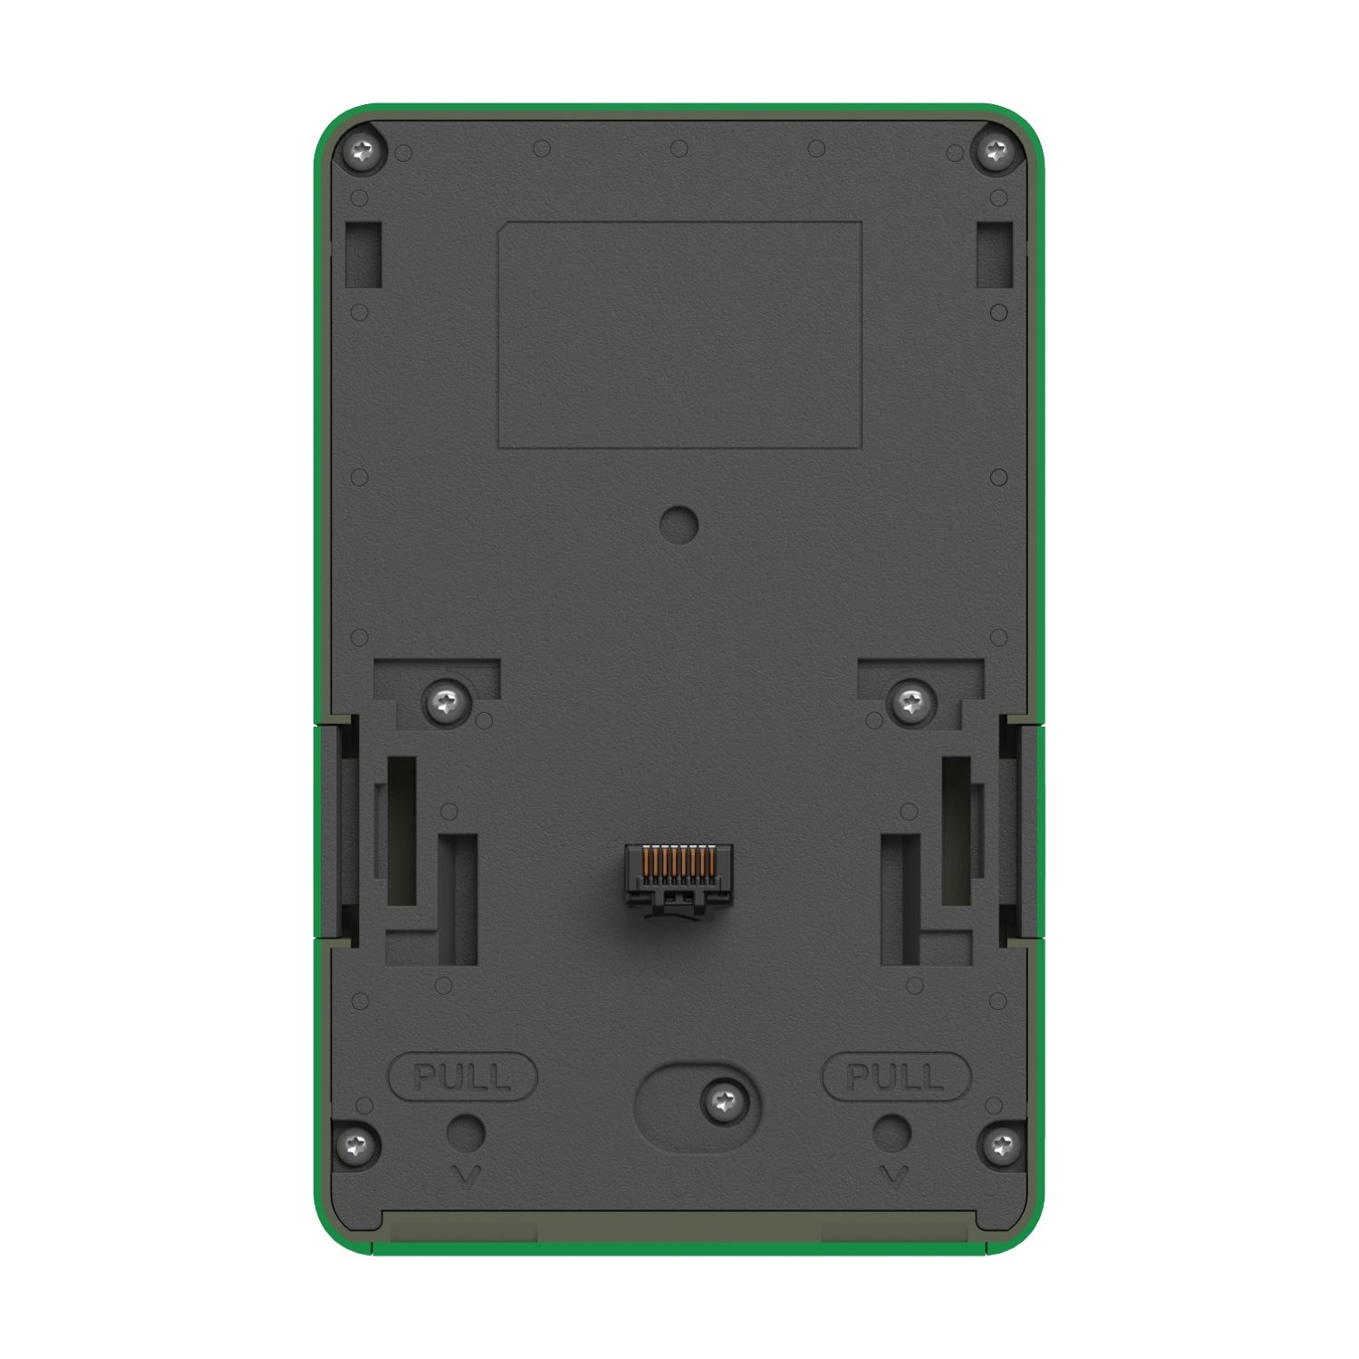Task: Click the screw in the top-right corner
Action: [998, 151]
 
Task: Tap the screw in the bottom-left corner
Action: [357, 1145]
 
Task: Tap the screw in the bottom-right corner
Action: [1001, 1146]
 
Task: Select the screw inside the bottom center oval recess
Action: [723, 1103]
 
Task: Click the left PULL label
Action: [462, 1077]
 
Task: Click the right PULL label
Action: [895, 1077]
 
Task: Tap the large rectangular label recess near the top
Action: [679, 334]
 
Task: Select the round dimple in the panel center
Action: [679, 524]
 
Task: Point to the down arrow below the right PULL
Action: [893, 1176]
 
